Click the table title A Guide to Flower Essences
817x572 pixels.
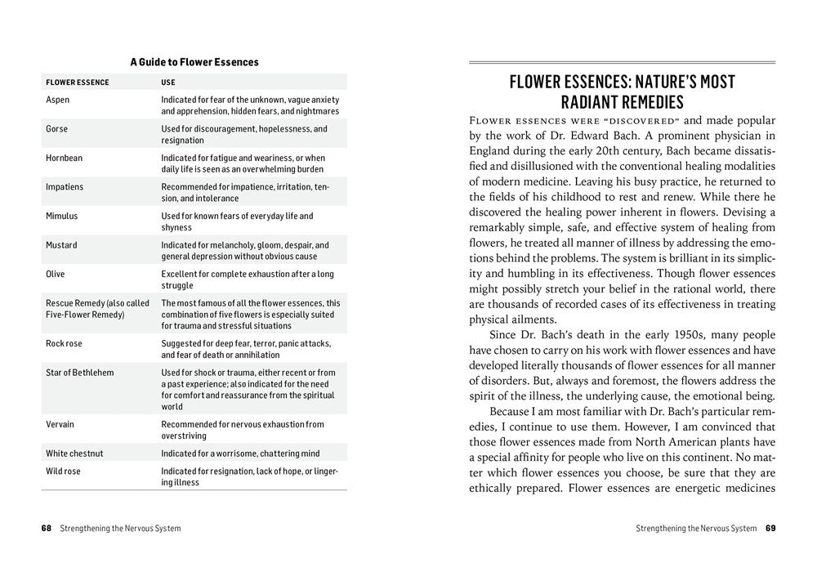pos(194,62)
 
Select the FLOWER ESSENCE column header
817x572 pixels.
pos(78,83)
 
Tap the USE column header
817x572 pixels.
pos(168,83)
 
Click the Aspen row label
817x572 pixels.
pos(58,100)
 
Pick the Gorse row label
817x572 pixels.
pos(57,129)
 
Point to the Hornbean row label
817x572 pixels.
pos(64,158)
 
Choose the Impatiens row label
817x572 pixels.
pos(65,187)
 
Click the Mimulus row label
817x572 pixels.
pos(62,217)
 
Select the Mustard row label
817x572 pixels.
pos(61,245)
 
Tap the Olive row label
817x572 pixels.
pos(56,275)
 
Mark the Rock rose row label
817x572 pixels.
pos(64,344)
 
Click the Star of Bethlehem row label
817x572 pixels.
pos(80,373)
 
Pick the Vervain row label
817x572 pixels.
pos(60,425)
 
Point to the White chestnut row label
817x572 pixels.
pos(74,454)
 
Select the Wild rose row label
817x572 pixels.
pos(64,471)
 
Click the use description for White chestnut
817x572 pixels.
pos(240,454)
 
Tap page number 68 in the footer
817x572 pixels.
pos(47,528)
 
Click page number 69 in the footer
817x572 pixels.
pos(770,528)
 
